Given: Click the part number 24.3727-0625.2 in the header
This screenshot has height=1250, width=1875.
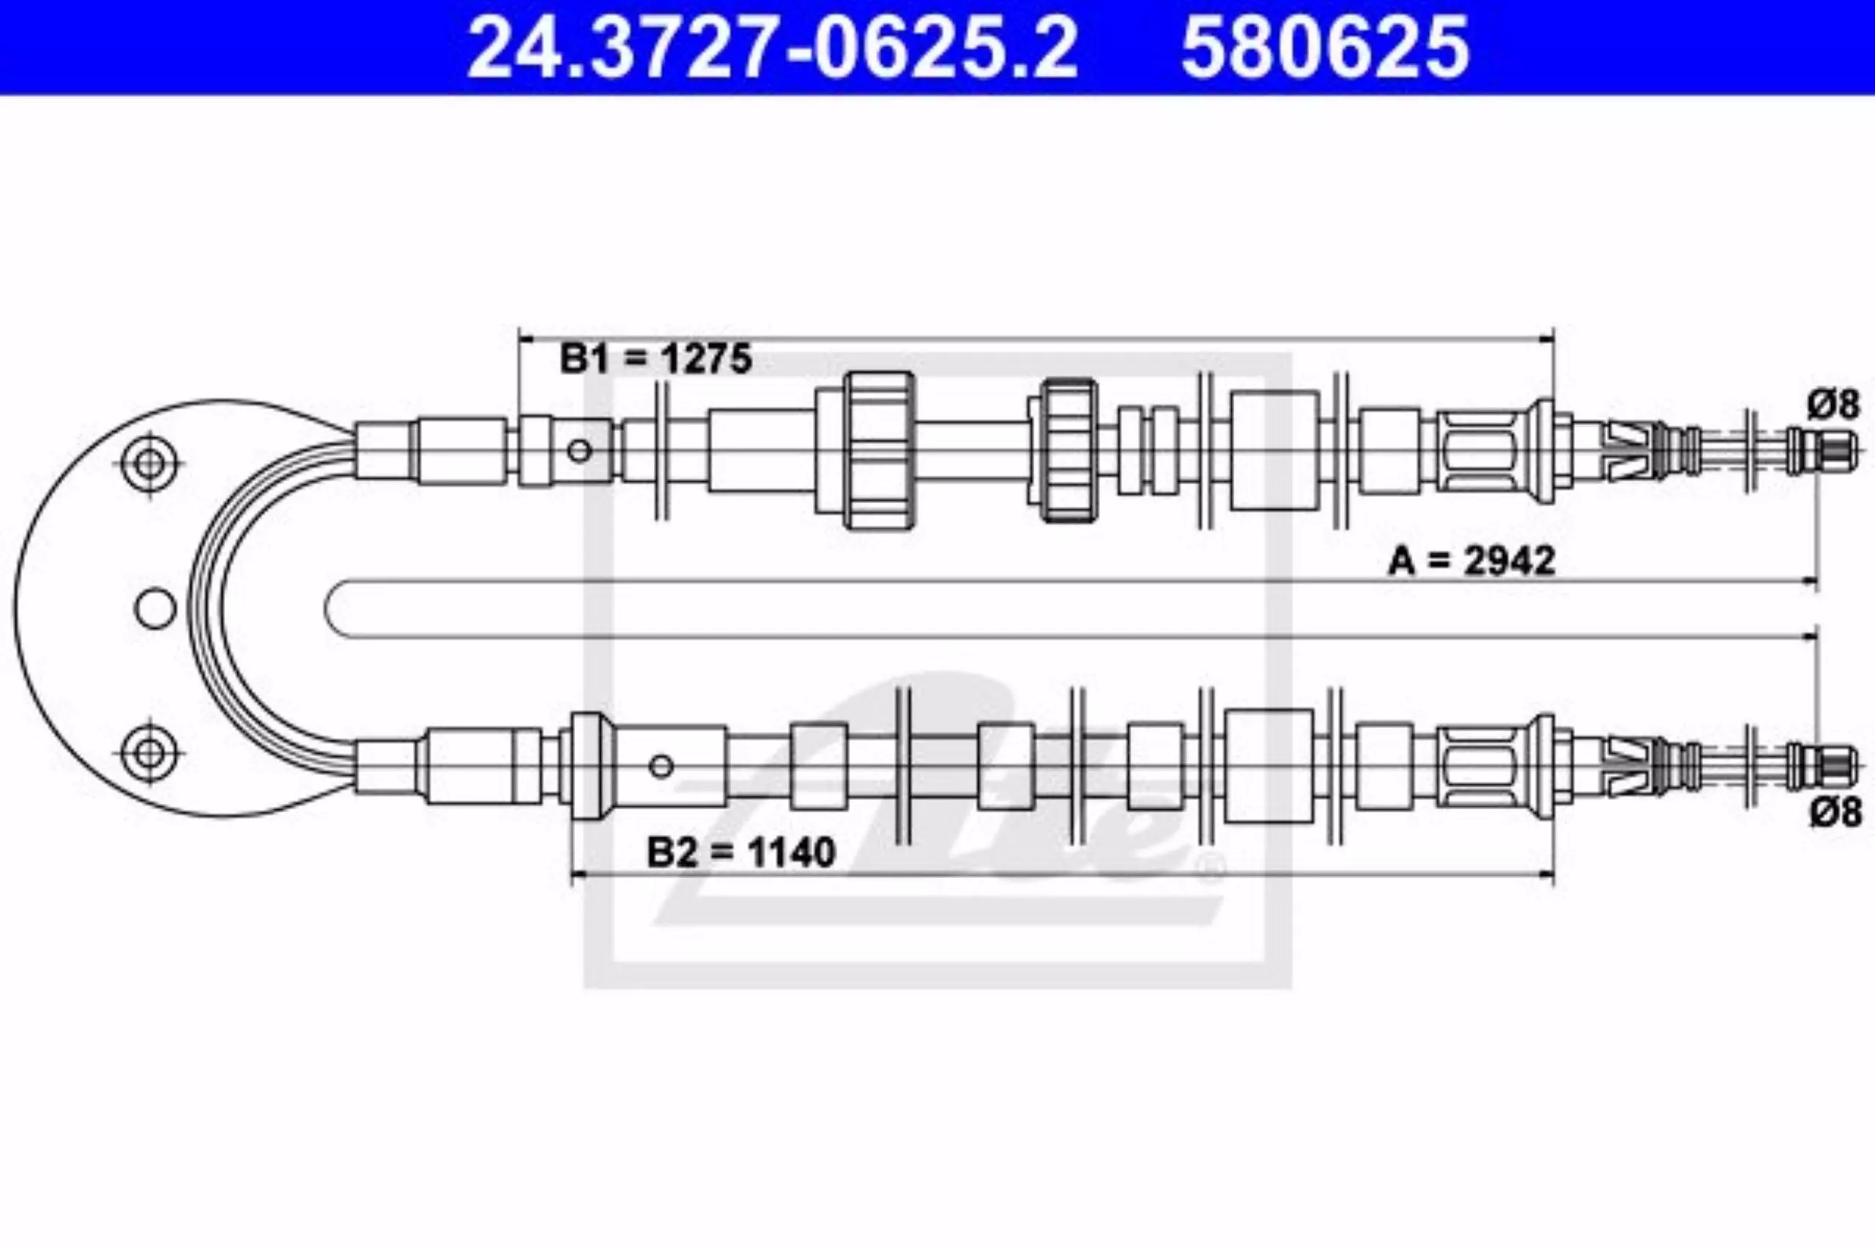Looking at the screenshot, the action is (772, 48).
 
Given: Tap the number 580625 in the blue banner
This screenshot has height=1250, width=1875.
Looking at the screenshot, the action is (1325, 48).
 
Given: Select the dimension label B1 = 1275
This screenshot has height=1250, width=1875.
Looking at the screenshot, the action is (656, 359).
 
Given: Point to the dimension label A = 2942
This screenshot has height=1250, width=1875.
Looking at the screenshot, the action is (1471, 560).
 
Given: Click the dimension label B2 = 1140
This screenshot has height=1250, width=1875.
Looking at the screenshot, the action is (740, 852).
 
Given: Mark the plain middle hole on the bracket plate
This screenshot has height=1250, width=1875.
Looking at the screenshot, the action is (155, 609).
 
